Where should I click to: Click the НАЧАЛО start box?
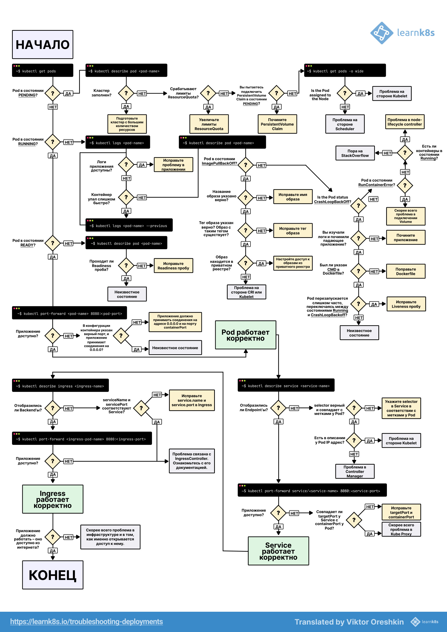(x=43, y=44)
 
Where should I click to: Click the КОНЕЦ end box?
(x=53, y=575)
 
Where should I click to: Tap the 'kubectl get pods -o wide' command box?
(x=345, y=71)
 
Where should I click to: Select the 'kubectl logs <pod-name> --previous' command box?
(x=129, y=225)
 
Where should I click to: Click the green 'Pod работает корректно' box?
(x=246, y=335)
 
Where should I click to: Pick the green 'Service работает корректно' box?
(x=278, y=551)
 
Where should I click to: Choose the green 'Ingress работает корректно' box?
(x=53, y=499)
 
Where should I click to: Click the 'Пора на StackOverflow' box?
(x=355, y=153)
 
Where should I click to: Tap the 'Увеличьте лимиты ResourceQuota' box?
(x=209, y=124)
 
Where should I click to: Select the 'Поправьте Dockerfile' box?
(x=406, y=271)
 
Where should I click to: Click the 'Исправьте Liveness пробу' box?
(x=406, y=304)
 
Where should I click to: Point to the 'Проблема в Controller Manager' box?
(x=355, y=471)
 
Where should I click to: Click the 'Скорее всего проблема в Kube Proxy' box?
(x=401, y=529)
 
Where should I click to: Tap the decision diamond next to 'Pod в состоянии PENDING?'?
(x=53, y=93)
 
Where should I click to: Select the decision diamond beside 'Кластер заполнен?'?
(x=126, y=93)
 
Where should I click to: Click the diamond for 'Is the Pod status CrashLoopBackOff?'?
(x=359, y=206)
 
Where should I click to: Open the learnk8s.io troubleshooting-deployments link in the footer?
(x=87, y=621)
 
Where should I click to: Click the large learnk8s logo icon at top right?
(x=382, y=33)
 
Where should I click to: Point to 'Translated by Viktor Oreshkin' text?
(x=349, y=622)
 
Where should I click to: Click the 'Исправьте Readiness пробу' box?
(x=173, y=266)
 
